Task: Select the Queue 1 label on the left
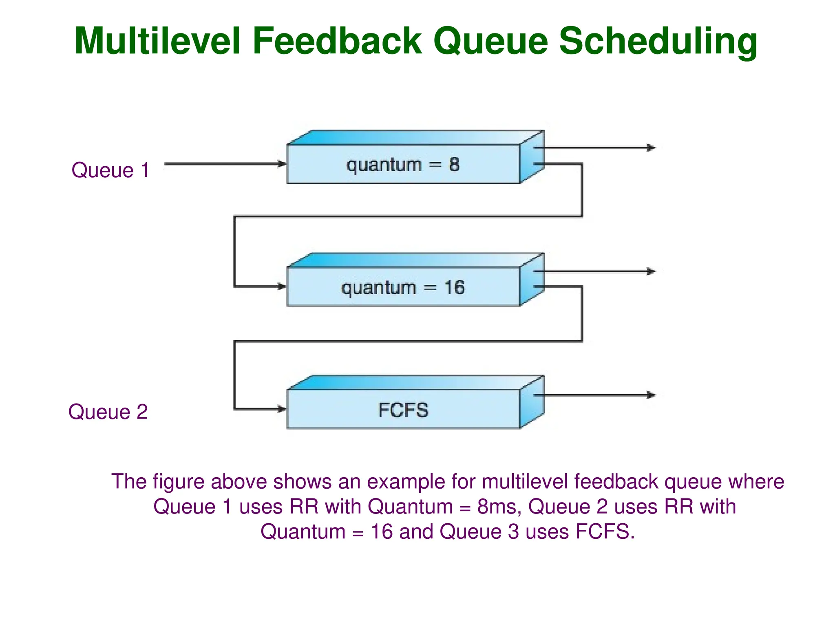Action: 110,170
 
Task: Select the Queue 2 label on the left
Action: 108,412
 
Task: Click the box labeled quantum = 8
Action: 403,164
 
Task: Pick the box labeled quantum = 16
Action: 403,287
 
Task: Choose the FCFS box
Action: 403,410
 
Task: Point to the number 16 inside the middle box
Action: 454,287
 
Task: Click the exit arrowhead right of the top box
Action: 652,148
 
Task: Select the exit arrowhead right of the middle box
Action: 652,271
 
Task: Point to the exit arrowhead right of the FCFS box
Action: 652,395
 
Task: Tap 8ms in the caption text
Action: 499,507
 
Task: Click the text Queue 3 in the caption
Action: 479,531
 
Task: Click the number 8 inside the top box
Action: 454,164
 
